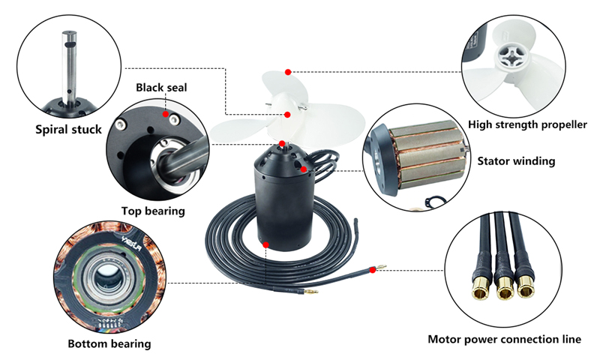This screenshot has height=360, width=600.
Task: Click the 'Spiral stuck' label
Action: click(68, 129)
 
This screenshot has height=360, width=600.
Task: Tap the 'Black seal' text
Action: click(161, 88)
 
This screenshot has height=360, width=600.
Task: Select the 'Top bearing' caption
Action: click(153, 211)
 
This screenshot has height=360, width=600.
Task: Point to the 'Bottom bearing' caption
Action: click(109, 343)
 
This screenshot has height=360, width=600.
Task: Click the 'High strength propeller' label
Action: click(527, 124)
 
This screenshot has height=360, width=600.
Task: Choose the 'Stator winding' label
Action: click(517, 160)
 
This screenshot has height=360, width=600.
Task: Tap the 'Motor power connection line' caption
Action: click(504, 339)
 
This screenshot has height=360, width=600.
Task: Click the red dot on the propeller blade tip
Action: click(287, 72)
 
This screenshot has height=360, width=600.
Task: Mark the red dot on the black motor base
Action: click(265, 244)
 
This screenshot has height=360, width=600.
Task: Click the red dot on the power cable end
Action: click(372, 268)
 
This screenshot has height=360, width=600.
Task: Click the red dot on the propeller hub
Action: click(288, 114)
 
